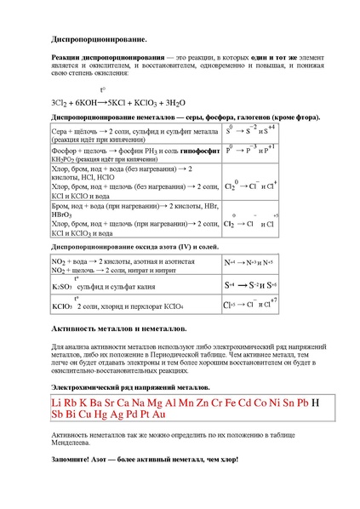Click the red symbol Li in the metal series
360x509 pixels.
[58, 402]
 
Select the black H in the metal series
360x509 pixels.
[316, 402]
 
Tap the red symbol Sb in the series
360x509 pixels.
[60, 415]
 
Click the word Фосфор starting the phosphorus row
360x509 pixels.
[65, 149]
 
